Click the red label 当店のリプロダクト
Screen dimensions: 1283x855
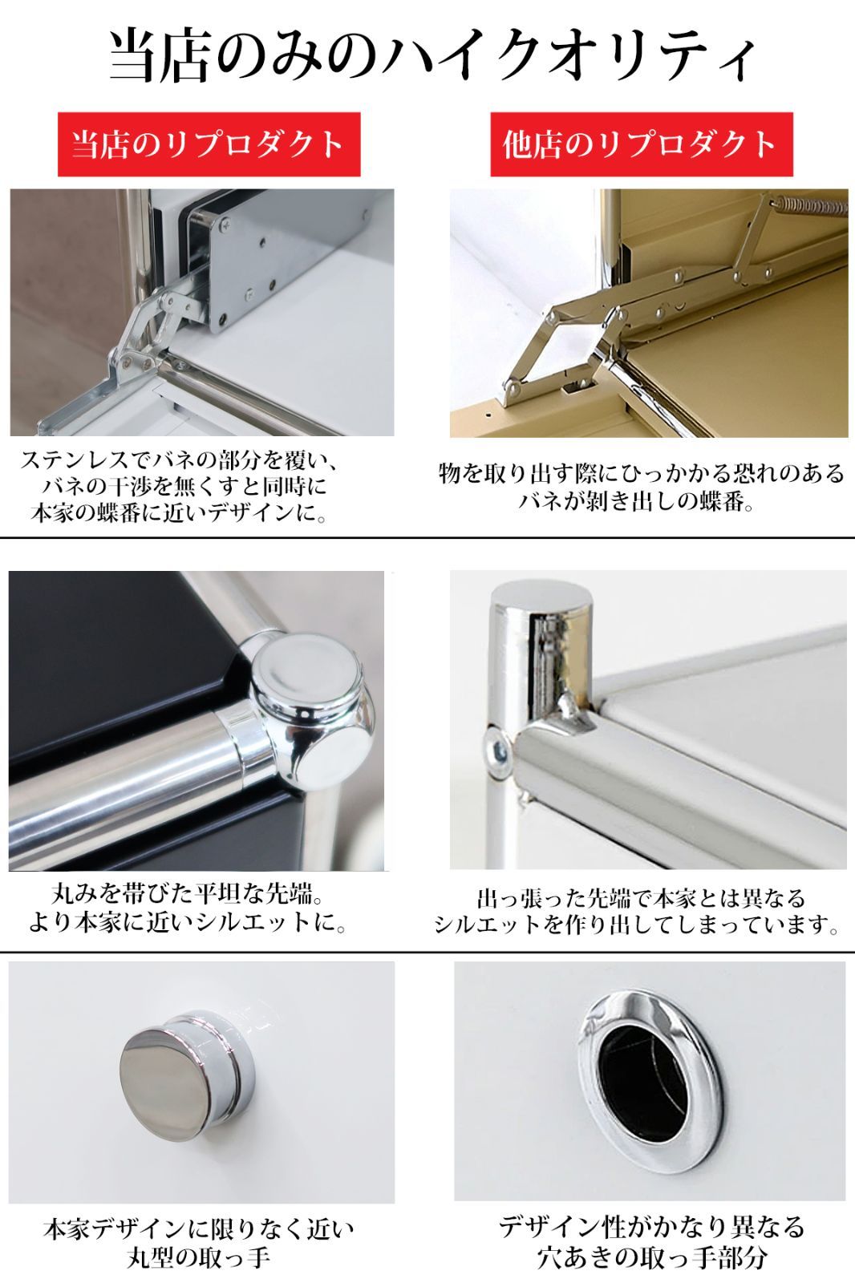tap(209, 144)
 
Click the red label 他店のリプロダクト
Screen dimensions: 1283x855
tap(640, 144)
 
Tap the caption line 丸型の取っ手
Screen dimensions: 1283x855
tap(198, 1257)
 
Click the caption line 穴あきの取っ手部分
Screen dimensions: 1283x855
tap(651, 1257)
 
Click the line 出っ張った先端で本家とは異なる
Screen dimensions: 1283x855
tap(640, 897)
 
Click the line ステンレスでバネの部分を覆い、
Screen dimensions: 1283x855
tap(181, 461)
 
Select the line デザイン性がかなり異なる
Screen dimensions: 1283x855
tap(651, 1227)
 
